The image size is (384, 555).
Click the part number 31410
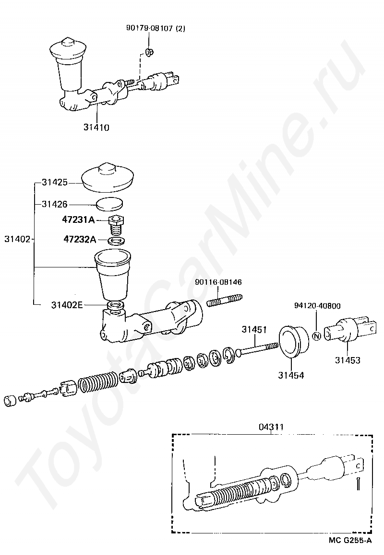pos(96,127)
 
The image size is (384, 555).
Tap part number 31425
pos(54,183)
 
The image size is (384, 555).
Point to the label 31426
pos(54,204)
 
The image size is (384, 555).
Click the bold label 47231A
pos(78,220)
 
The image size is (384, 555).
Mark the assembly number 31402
pos(17,238)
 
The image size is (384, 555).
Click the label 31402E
pos(67,304)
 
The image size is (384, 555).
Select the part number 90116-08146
pos(218,282)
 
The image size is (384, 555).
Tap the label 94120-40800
pos(318,305)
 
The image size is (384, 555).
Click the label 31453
pos(348,360)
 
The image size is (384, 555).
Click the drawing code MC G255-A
pos(350,541)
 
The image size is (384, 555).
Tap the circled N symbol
pos(316,335)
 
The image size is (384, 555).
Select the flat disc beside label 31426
pos(110,204)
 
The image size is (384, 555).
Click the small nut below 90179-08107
pos(149,51)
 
